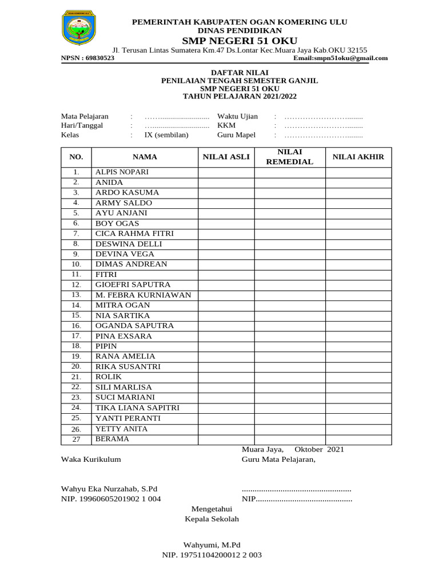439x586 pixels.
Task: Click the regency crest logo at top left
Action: tap(78, 27)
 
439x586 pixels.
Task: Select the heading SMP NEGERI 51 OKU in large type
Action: tap(240, 41)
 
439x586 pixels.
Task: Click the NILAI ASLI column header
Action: tap(226, 157)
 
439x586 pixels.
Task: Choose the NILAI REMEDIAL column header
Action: tap(290, 157)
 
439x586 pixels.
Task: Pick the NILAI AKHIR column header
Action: tap(358, 157)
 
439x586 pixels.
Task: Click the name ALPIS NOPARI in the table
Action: tap(122, 172)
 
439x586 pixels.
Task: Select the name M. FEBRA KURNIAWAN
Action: tap(143, 295)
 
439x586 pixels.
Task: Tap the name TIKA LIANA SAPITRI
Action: tap(137, 407)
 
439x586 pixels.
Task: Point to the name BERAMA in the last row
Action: tap(112, 439)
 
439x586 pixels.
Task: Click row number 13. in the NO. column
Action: tap(76, 295)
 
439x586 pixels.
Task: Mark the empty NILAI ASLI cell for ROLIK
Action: tap(226, 377)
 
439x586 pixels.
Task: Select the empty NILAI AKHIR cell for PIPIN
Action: tap(358, 346)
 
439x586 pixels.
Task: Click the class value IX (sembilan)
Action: tap(166, 135)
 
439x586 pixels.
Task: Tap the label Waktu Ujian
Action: tap(237, 116)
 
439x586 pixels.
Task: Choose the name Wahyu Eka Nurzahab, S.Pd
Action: tap(109, 488)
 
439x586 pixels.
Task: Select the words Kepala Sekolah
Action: tap(211, 519)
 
